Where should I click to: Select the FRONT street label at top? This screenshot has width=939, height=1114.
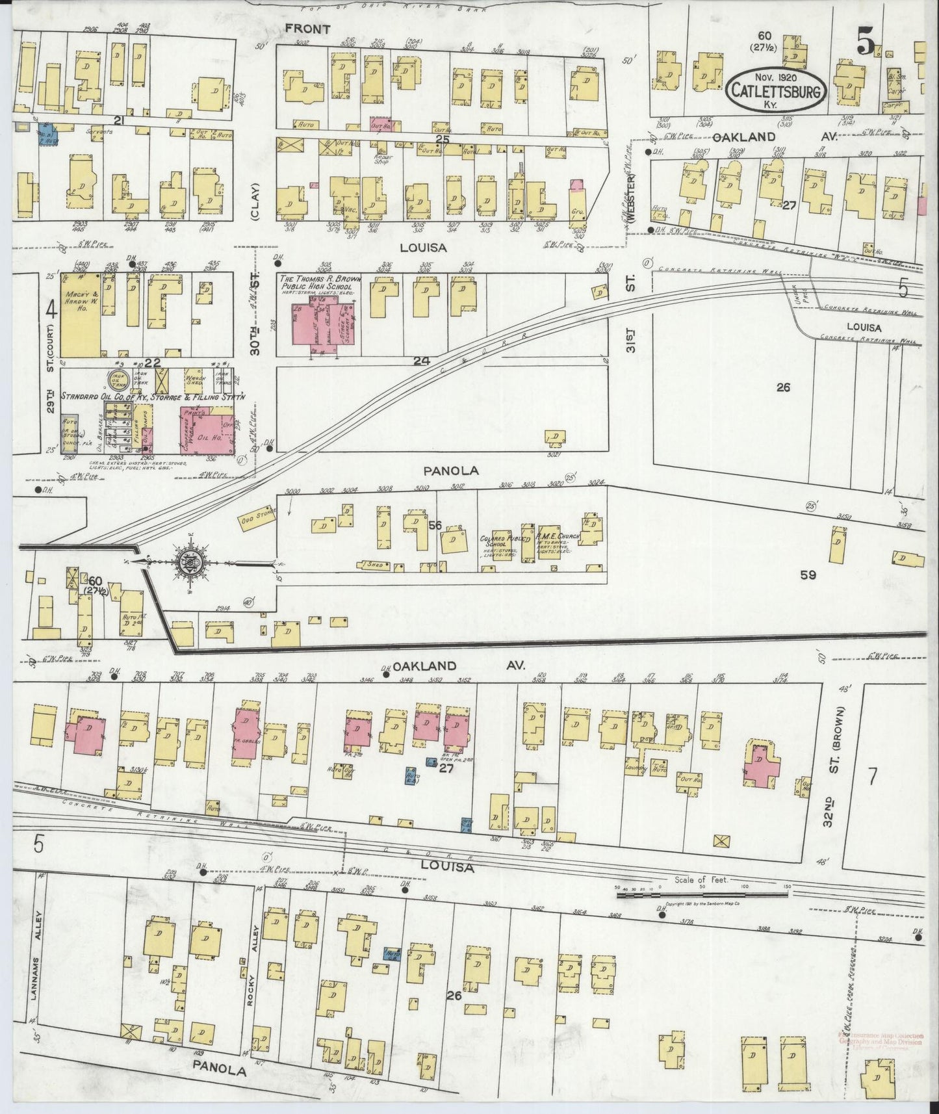[x=307, y=29]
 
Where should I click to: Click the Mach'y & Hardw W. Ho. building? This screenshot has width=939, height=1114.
[x=80, y=315]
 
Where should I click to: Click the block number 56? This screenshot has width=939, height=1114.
[x=435, y=525]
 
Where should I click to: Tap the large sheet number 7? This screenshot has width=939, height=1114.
[x=873, y=776]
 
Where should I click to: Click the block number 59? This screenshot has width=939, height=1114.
[x=808, y=575]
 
